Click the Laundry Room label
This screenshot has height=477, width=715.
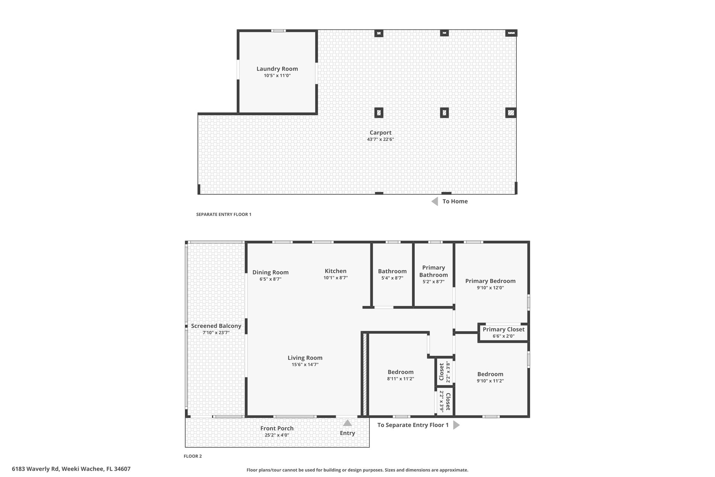tap(277, 69)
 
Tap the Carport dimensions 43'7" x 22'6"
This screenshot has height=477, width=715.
tap(381, 139)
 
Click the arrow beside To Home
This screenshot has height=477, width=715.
tap(435, 201)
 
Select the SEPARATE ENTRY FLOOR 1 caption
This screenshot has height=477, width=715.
tap(224, 215)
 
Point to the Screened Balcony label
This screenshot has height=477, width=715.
tap(216, 326)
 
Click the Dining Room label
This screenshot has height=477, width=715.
tap(271, 273)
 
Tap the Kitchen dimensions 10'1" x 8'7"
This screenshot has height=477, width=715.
tap(336, 278)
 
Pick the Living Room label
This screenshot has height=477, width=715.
tap(305, 358)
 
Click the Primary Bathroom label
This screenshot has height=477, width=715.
tap(434, 271)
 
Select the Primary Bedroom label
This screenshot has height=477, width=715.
tap(491, 281)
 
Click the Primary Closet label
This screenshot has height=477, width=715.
tap(504, 329)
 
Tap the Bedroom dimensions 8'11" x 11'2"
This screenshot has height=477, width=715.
tap(400, 379)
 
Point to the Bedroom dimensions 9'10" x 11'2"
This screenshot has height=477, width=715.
tap(491, 381)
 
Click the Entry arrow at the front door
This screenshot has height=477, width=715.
tap(347, 423)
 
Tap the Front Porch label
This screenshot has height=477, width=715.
tap(277, 428)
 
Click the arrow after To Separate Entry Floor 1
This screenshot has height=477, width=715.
tap(456, 425)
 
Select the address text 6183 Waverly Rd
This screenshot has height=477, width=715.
tap(35, 469)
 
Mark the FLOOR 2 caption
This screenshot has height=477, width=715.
tap(193, 456)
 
